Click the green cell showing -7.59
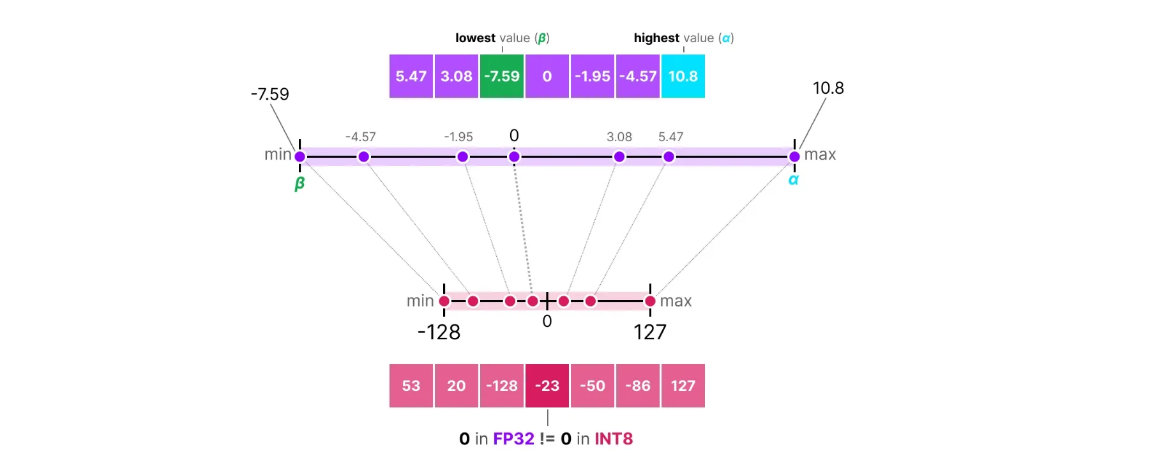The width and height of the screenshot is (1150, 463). click(x=501, y=76)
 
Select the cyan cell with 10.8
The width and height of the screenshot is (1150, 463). click(x=683, y=76)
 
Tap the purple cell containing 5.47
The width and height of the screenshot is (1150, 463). click(x=411, y=76)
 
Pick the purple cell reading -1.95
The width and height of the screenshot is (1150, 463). click(x=592, y=76)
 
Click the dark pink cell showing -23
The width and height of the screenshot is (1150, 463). click(x=547, y=386)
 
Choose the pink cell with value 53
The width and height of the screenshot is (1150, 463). click(x=411, y=386)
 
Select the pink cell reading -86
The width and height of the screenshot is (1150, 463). click(x=637, y=386)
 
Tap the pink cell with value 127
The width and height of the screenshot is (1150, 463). click(x=683, y=386)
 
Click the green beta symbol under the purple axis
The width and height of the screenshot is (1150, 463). click(x=299, y=184)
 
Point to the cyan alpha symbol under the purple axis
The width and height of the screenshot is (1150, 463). click(x=793, y=180)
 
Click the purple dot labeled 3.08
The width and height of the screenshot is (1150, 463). click(x=619, y=156)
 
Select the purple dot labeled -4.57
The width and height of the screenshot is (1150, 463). click(x=363, y=156)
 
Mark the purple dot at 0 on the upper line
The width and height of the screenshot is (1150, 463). click(x=514, y=156)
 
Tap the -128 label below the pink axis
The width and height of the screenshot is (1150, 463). click(x=439, y=332)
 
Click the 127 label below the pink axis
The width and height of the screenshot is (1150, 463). click(x=649, y=332)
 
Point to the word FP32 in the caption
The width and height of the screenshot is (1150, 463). click(x=513, y=439)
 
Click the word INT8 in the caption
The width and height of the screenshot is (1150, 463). click(x=614, y=439)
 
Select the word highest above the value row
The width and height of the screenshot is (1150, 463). click(x=656, y=38)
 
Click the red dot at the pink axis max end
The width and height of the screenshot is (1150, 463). click(x=650, y=301)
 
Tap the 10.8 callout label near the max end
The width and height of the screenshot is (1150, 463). click(x=828, y=88)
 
